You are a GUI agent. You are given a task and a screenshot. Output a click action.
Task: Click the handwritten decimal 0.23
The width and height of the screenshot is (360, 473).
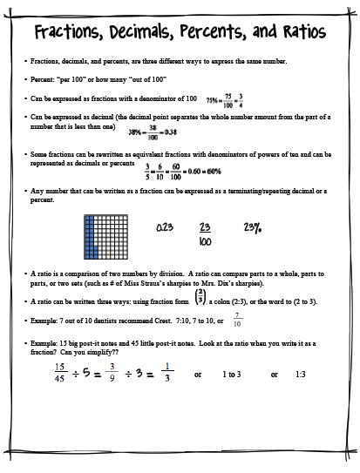[164, 227]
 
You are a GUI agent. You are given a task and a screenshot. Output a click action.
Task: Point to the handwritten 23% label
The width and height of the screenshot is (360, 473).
[253, 227]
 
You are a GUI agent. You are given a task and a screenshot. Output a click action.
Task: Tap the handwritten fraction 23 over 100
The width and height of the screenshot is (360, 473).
[207, 233]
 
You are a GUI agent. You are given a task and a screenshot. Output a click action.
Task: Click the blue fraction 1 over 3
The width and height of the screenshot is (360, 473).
[167, 372]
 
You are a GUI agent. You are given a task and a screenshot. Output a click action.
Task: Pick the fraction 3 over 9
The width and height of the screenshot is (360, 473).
[112, 372]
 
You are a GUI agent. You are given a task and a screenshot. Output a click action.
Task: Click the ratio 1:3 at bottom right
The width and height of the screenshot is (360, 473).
[301, 374]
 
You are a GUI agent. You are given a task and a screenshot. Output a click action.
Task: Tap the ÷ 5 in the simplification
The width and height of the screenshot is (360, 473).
[85, 373]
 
